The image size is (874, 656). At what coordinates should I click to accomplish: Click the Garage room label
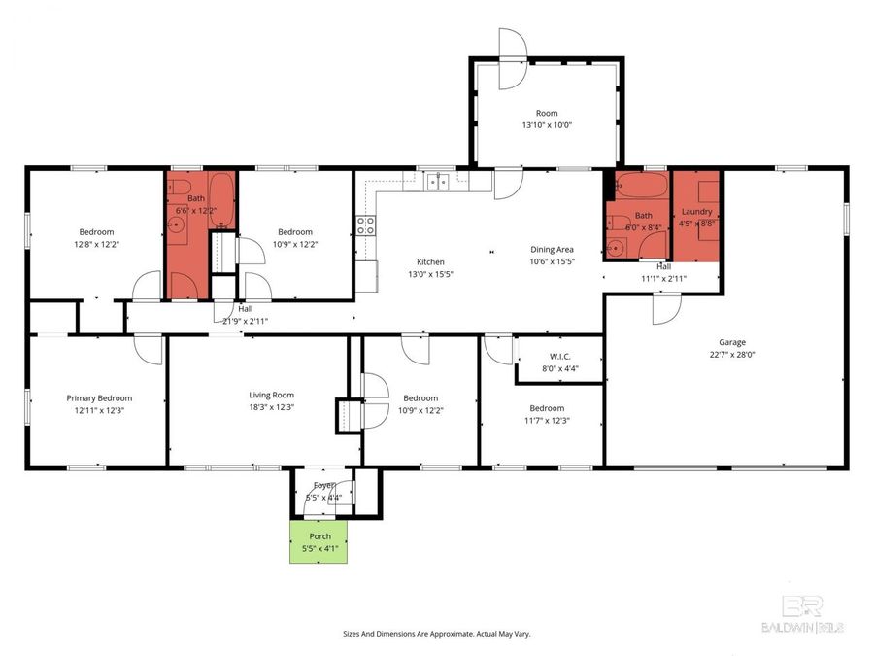tap(731, 342)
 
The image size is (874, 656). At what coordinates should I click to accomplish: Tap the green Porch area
tap(319, 542)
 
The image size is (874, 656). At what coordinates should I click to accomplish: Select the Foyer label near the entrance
tap(323, 485)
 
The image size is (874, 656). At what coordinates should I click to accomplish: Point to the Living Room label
tap(271, 395)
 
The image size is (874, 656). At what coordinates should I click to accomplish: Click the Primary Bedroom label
tap(99, 397)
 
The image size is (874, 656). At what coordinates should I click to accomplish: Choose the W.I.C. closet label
tap(559, 356)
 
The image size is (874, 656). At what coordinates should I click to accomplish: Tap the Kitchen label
tap(430, 262)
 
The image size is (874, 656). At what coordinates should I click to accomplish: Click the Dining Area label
tap(552, 250)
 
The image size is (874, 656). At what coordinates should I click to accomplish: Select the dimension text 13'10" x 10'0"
tap(546, 124)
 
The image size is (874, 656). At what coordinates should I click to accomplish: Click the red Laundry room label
tap(697, 211)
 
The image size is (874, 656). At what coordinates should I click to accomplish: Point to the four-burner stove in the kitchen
tap(366, 225)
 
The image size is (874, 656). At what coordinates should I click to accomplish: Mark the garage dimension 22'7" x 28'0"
tap(731, 355)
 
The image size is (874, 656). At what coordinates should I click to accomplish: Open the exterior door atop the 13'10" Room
tap(512, 43)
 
